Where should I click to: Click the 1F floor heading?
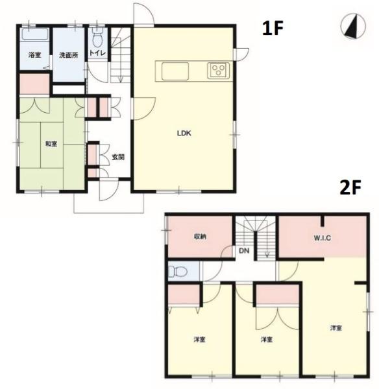(273, 28)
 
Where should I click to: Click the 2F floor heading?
(350, 187)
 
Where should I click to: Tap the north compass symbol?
(353, 27)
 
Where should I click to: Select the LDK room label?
(184, 133)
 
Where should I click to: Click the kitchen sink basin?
(175, 71)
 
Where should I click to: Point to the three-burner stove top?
(218, 71)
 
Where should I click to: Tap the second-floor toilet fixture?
(178, 271)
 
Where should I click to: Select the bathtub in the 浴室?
(35, 34)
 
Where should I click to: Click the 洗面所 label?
(69, 55)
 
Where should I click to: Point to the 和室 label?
(51, 144)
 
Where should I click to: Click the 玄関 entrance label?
(118, 157)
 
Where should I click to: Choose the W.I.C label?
(323, 238)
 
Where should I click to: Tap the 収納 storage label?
(200, 237)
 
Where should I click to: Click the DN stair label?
(244, 251)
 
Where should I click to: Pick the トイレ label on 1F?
(97, 53)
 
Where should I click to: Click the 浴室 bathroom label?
(34, 55)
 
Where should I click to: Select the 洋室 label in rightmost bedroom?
(336, 328)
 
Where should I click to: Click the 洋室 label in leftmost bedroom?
(199, 339)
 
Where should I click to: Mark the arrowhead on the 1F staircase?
(121, 80)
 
